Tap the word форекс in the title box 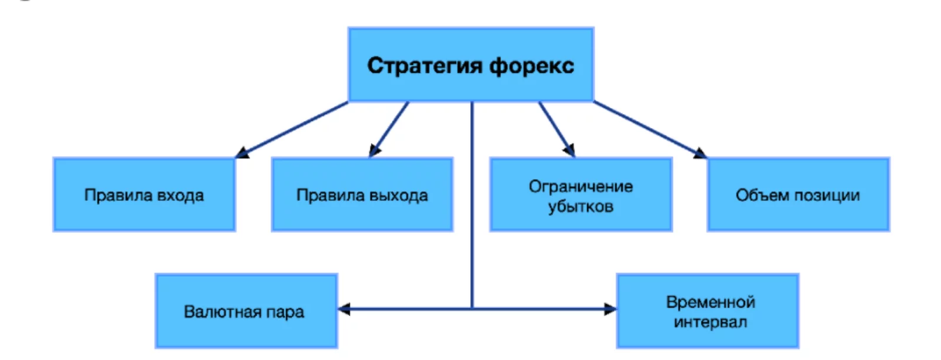(x=532, y=66)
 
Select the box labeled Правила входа (x=144, y=195)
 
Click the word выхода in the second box (x=400, y=195)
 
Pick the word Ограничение (x=580, y=186)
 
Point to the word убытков (x=580, y=206)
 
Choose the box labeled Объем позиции (x=798, y=195)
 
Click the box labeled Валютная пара (x=246, y=311)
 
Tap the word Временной (x=710, y=302)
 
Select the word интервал (x=710, y=322)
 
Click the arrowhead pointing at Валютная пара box (x=344, y=309)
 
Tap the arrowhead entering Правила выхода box (x=374, y=151)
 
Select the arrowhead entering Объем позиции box (x=700, y=153)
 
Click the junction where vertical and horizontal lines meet (x=472, y=308)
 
